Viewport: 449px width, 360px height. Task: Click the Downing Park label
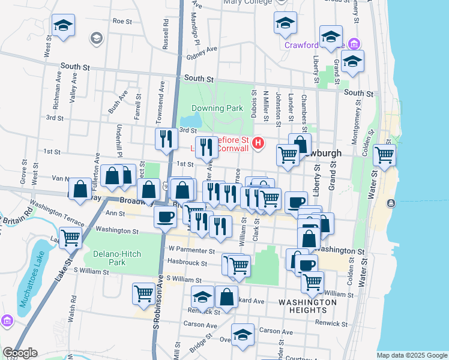(x=217, y=109)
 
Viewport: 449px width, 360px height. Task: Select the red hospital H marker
(x=258, y=143)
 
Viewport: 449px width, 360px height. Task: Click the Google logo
(x=20, y=353)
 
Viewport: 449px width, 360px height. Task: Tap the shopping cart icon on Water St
(x=384, y=155)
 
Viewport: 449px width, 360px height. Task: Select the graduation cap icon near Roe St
(x=62, y=25)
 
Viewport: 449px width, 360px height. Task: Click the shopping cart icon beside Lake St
(x=71, y=238)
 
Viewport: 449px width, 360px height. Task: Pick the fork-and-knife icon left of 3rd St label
(x=165, y=139)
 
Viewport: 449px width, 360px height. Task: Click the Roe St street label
(x=122, y=20)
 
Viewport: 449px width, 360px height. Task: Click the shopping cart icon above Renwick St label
(x=144, y=293)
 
